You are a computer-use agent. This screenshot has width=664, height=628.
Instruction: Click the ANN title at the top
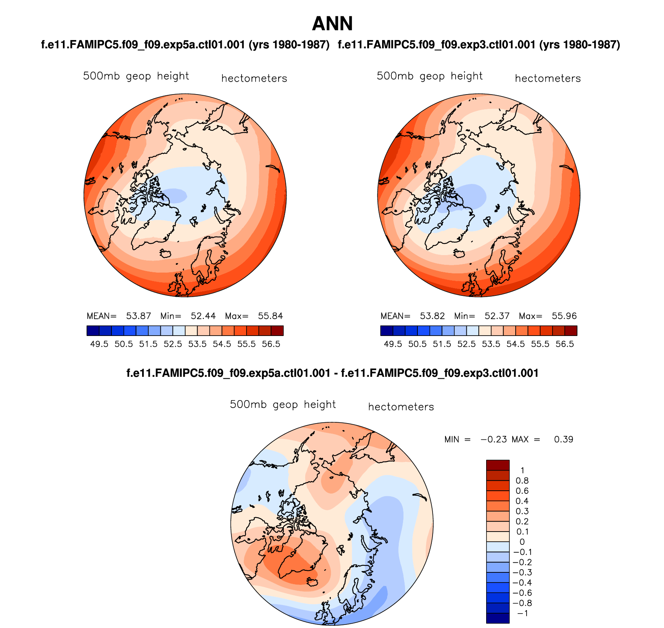332,24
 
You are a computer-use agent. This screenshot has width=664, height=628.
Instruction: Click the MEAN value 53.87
139,316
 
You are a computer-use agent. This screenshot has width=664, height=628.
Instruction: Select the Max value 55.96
564,316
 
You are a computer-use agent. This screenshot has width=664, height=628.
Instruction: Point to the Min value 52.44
203,316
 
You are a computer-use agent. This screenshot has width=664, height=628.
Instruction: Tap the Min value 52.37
497,316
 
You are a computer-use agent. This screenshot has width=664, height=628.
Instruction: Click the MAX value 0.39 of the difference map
563,439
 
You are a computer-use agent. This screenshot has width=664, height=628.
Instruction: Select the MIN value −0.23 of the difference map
494,439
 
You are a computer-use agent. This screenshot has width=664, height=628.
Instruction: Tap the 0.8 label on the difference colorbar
522,481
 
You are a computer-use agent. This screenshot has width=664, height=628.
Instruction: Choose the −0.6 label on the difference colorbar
520,593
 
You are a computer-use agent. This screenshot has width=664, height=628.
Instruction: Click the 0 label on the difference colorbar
522,542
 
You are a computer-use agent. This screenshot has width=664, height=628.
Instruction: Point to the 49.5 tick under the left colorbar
99,344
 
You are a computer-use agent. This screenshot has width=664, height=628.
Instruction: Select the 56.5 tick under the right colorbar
565,344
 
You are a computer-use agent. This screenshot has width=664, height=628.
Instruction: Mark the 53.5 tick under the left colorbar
197,344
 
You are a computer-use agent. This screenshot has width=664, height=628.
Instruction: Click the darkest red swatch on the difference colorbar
498,465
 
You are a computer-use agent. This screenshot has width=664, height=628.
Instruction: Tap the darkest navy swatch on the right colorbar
387,331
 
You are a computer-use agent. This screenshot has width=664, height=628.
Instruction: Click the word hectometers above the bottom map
401,407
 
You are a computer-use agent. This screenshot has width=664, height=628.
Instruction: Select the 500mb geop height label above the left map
136,76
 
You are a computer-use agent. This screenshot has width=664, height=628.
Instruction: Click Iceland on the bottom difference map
313,582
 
